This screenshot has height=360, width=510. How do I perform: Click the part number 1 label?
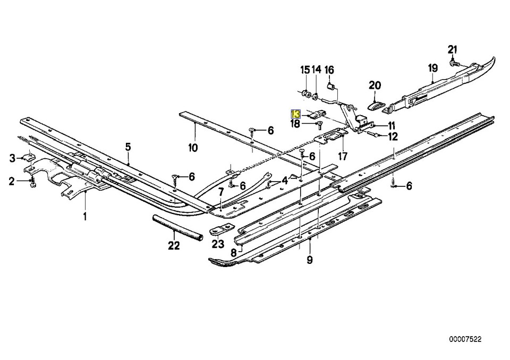pos(84,216)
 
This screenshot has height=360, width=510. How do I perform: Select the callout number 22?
pos(174,246)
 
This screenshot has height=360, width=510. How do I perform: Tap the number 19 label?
pos(432,68)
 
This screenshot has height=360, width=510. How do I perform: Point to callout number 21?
pos(452,50)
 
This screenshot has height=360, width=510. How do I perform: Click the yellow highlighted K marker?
pos(296,114)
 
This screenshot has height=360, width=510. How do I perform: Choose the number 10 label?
pos(192,147)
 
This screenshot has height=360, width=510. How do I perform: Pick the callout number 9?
pos(310,260)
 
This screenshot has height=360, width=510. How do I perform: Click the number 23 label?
pos(217,244)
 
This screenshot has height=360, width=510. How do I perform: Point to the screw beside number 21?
pos(453,63)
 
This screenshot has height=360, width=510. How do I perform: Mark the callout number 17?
pos(343,156)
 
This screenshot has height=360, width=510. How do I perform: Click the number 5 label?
pos(128,147)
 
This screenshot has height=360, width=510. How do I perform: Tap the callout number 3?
pos(13,158)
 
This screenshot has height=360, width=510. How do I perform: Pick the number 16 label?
pos(329,70)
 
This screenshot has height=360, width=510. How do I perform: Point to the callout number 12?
pos(393,136)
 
